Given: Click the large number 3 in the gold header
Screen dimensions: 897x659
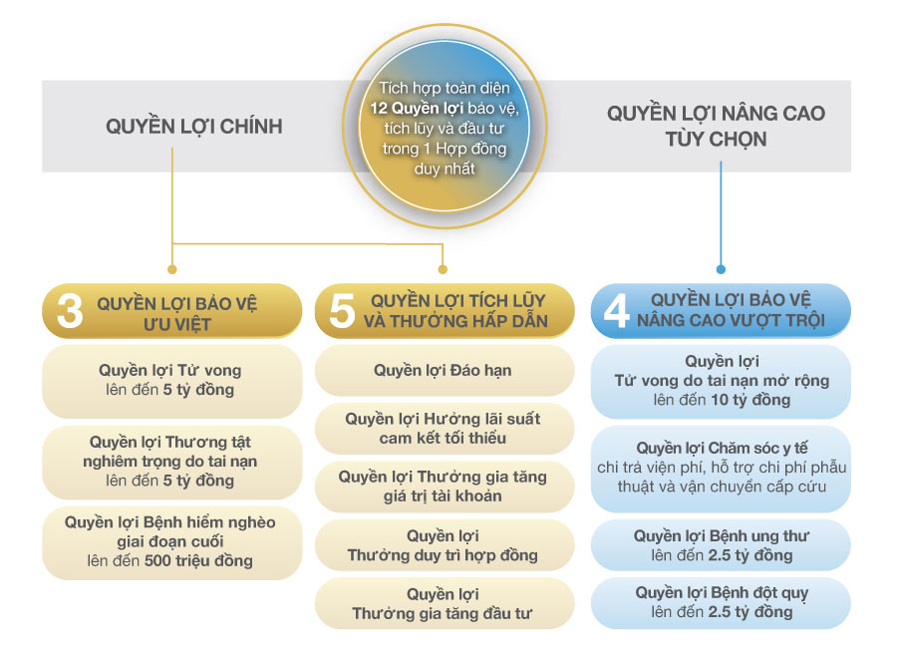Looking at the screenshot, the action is coord(70,312).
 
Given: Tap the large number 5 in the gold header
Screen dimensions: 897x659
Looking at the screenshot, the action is coord(342,311).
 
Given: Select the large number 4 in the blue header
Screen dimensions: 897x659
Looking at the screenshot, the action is coord(617,311).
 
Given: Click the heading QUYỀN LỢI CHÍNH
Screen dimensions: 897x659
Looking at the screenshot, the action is coord(194,127).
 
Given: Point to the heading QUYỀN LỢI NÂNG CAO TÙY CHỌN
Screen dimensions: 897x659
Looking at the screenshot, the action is coord(716,126).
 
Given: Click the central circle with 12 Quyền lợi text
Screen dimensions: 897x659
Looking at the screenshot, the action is coord(445,127).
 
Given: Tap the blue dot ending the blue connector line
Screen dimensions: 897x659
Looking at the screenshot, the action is coord(721,269).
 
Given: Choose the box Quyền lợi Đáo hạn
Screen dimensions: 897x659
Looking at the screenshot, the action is coord(444,371).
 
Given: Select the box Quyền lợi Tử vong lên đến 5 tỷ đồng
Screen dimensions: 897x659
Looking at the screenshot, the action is coord(171,381).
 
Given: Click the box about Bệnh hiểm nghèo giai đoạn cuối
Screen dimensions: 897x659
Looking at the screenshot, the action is coord(171,542).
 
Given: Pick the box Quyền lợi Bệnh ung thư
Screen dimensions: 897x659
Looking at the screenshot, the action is coord(721,545).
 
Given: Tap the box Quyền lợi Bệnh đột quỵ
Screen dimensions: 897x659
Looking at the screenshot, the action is coord(721,603).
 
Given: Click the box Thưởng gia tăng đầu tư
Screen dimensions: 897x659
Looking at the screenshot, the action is coord(444,603).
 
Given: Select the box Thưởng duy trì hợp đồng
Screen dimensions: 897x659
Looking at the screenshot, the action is coord(444,545).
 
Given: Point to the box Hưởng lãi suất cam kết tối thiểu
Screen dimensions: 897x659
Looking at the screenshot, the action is coord(444,429).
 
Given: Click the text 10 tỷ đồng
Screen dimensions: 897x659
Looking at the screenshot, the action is coord(750,400).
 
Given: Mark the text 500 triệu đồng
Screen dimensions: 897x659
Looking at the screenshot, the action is coord(198,560).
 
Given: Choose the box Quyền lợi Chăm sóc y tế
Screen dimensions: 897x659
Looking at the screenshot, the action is coord(721,469).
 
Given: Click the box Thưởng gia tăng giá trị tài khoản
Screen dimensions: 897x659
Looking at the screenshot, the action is coord(444,487).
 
